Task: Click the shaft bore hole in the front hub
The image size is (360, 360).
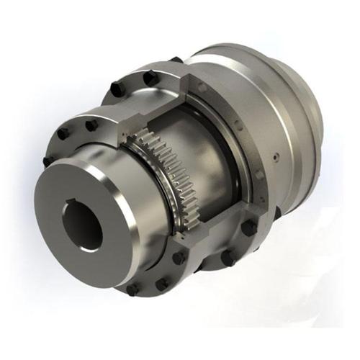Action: coord(81,225)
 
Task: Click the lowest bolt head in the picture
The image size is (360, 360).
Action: coord(132,289)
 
